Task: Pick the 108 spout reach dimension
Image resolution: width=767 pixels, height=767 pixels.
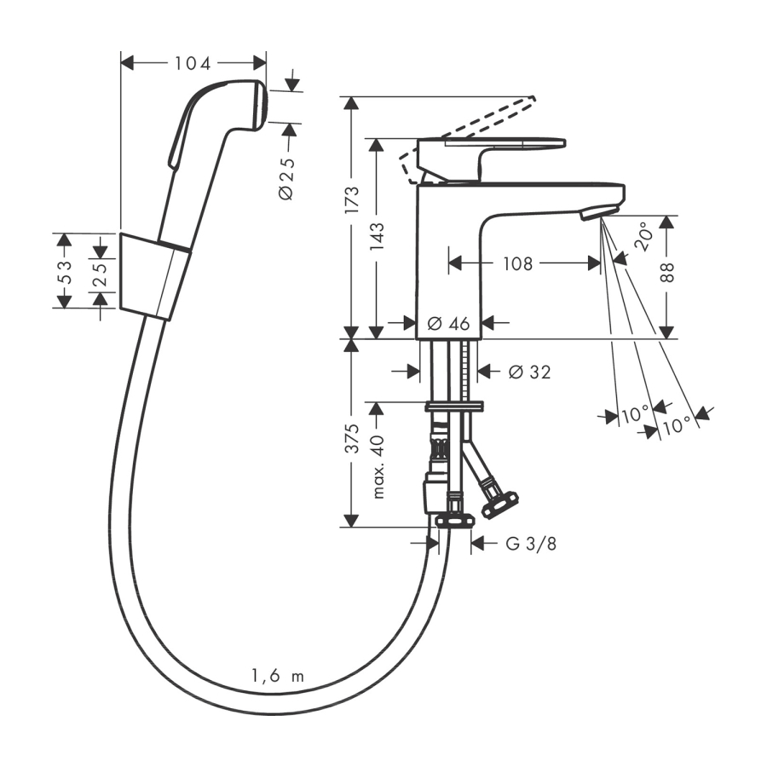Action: click(x=517, y=264)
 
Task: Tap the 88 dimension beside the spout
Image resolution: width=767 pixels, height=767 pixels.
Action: click(x=667, y=272)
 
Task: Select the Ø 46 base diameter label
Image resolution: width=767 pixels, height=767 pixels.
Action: click(x=448, y=323)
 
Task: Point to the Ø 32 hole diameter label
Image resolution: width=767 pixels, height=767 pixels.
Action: click(x=529, y=372)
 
